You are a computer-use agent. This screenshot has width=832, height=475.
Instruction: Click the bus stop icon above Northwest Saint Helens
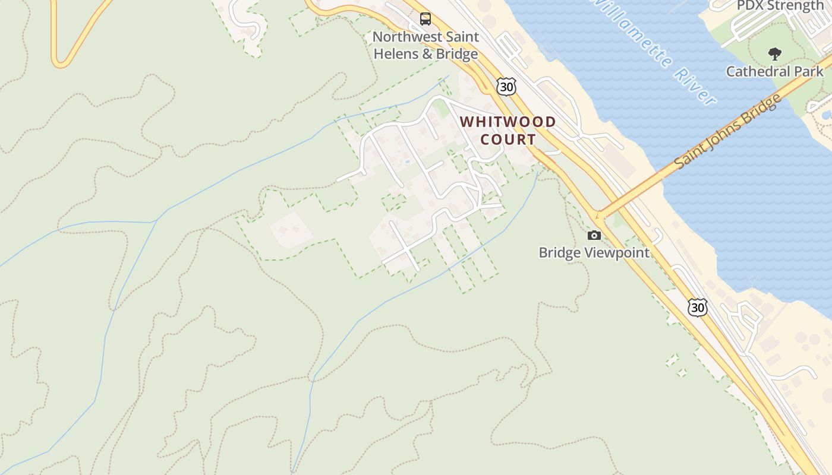pyautogui.click(x=426, y=19)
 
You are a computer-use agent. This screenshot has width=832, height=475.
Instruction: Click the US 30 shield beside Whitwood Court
pyautogui.click(x=506, y=87)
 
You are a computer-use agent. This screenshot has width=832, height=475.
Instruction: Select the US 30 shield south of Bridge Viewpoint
pyautogui.click(x=698, y=307)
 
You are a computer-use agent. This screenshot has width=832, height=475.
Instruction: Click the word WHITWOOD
pyautogui.click(x=508, y=122)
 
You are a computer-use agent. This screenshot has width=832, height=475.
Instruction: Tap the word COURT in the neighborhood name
pyautogui.click(x=508, y=140)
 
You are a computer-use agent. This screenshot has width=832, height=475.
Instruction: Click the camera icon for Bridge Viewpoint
pyautogui.click(x=594, y=236)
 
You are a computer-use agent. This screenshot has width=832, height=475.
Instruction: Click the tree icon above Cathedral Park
pyautogui.click(x=774, y=54)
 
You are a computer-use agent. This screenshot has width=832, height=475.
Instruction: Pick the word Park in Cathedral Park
pyautogui.click(x=809, y=71)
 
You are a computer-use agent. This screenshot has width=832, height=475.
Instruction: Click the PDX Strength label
pyautogui.click(x=780, y=6)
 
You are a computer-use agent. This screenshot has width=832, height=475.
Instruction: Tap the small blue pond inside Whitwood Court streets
pyautogui.click(x=407, y=160)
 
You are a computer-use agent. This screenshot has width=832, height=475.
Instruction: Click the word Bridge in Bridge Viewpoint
pyautogui.click(x=558, y=252)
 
